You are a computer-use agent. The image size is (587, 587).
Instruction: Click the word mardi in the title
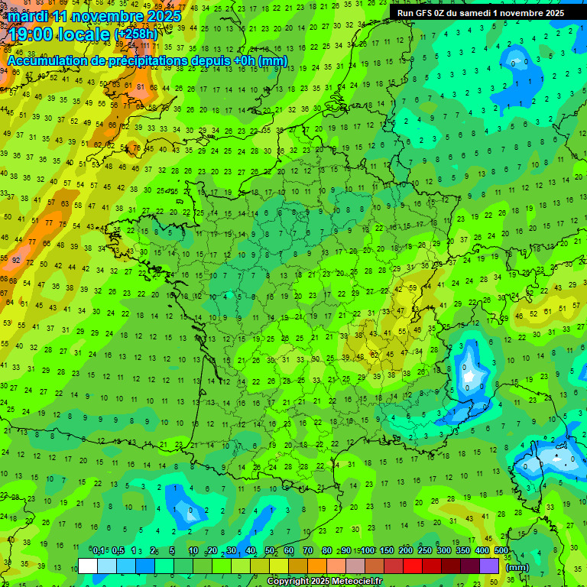coord(26,16)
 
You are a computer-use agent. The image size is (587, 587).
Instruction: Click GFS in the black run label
coord(426,12)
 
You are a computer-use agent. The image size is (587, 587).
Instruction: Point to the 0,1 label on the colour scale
coord(99,550)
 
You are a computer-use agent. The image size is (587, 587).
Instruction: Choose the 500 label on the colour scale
coord(501,550)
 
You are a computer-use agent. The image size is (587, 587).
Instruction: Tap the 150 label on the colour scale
coord(387,550)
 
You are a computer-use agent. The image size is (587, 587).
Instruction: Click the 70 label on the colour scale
coord(308,550)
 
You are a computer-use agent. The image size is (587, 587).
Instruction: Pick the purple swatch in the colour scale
coord(489,566)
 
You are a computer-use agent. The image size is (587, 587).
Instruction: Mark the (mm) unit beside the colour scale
coord(517,567)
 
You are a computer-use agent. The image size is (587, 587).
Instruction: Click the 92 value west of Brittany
coord(14,260)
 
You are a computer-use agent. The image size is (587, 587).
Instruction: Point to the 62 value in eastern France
coord(375,354)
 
